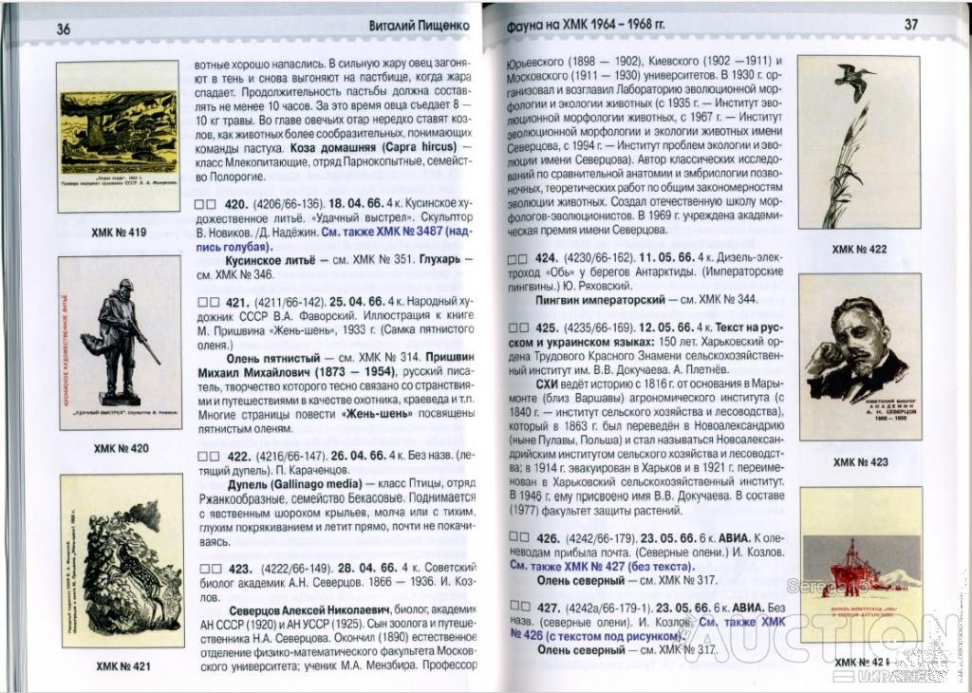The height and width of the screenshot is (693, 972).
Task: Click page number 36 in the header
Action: [63, 28]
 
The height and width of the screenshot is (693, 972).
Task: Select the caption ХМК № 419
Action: [119, 232]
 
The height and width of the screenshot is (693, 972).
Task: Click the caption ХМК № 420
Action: [121, 448]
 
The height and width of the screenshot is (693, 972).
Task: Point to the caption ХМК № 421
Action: [122, 666]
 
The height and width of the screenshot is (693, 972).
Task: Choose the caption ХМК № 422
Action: [859, 249]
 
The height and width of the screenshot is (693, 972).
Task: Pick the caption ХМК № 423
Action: [860, 462]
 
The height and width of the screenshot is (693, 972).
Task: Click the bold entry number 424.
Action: [545, 258]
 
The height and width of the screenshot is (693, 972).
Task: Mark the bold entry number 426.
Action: [547, 537]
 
